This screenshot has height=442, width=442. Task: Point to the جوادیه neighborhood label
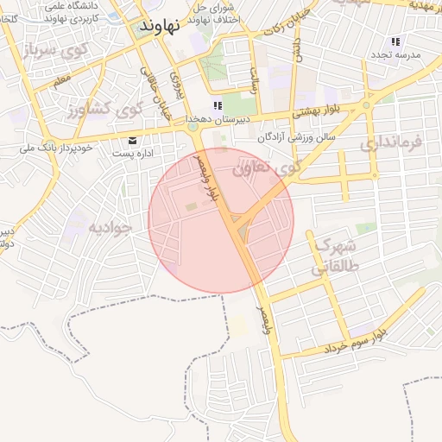coord(109,228)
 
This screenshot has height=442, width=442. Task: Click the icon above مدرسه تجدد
coord(395,41)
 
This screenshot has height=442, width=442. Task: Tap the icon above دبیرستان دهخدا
coord(205,105)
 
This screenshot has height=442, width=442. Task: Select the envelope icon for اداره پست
coord(132,140)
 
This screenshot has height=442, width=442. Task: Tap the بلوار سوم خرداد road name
coord(355,340)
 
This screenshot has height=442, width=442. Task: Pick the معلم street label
coord(60,80)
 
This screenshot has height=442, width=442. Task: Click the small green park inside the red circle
coord(190,207)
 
